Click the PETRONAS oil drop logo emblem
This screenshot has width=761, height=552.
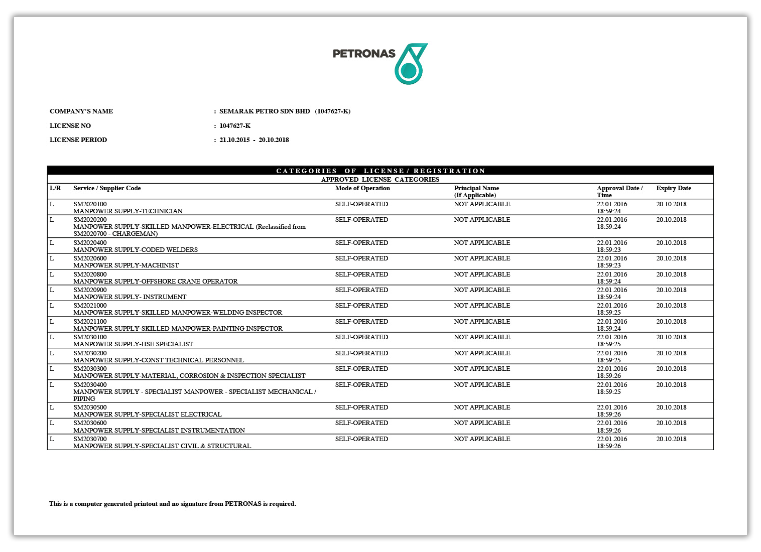pyautogui.click(x=411, y=64)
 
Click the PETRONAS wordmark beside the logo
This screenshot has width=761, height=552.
pyautogui.click(x=364, y=54)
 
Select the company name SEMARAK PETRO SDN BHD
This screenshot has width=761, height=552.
pyautogui.click(x=265, y=111)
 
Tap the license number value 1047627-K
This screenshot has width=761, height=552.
pyautogui.click(x=235, y=126)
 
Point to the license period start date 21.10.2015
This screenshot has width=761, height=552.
pyautogui.click(x=234, y=140)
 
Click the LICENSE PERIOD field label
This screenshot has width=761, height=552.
pyautogui.click(x=78, y=140)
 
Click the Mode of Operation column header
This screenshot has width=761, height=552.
pyautogui.click(x=362, y=188)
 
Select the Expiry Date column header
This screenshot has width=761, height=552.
pyautogui.click(x=674, y=188)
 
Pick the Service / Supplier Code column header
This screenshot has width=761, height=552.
pyautogui.click(x=107, y=188)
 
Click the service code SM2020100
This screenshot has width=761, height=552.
pyautogui.click(x=90, y=204)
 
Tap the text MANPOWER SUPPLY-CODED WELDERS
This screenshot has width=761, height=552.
pyautogui.click(x=136, y=250)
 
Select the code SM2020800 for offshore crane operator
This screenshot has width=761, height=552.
pyautogui.click(x=90, y=274)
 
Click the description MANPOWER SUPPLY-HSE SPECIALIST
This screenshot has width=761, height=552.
pyautogui.click(x=133, y=344)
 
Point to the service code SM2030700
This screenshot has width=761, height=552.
pyautogui.click(x=90, y=439)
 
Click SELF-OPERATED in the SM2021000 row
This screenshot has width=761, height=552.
pyautogui.click(x=361, y=306)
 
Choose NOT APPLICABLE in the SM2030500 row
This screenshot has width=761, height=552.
pyautogui.click(x=482, y=407)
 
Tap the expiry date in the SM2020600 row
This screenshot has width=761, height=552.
pyautogui.click(x=671, y=258)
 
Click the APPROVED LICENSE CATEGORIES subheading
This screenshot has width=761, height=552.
pyautogui.click(x=380, y=180)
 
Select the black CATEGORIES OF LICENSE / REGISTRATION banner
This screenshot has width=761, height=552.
pyautogui.click(x=380, y=171)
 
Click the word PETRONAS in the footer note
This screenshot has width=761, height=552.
pyautogui.click(x=243, y=504)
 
